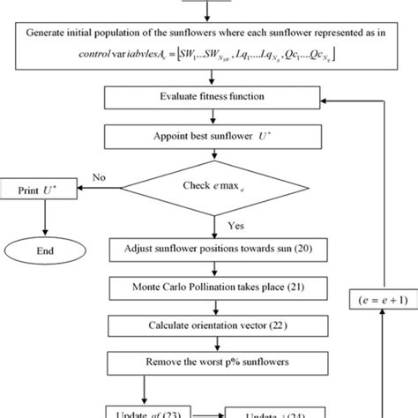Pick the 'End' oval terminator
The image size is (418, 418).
[x=41, y=249]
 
